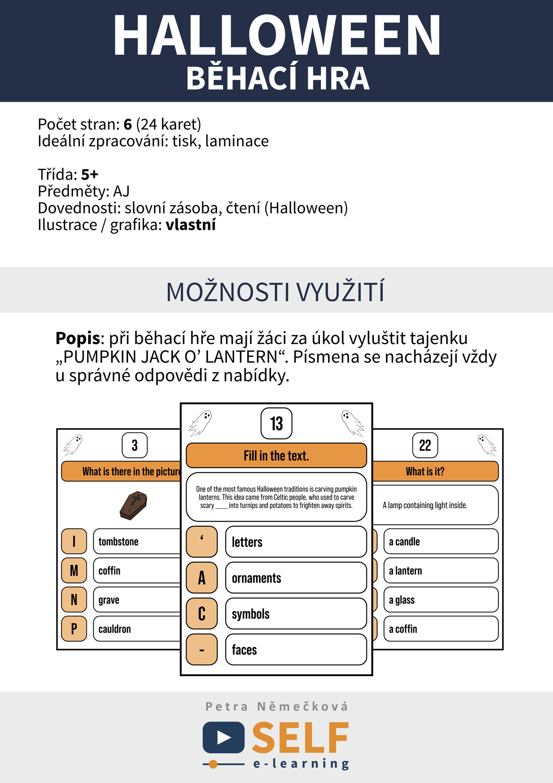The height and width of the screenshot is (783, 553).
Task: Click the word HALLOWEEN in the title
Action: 276,36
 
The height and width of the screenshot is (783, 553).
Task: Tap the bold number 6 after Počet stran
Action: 127,124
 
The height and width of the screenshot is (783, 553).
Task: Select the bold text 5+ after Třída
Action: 90,175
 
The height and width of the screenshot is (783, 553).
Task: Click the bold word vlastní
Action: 190,225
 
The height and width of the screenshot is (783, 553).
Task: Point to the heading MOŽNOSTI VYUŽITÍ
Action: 276,292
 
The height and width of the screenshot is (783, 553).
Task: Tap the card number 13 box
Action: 276,423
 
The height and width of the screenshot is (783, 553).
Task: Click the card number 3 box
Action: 135,445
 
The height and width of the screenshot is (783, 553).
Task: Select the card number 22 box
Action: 425,445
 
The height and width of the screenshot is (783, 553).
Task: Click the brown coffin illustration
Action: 133,505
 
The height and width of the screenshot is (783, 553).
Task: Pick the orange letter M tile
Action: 74,570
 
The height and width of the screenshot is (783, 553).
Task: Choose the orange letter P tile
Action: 74,629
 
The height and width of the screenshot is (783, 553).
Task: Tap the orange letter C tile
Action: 201,613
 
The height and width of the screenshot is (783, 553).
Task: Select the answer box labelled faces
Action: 296,650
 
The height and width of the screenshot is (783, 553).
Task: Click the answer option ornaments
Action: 296,578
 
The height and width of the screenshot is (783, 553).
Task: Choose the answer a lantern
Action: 440,571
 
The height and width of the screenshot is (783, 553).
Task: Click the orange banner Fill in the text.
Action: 276,456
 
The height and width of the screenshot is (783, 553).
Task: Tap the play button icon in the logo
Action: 224,738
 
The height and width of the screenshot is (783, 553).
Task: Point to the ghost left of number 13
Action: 200,423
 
